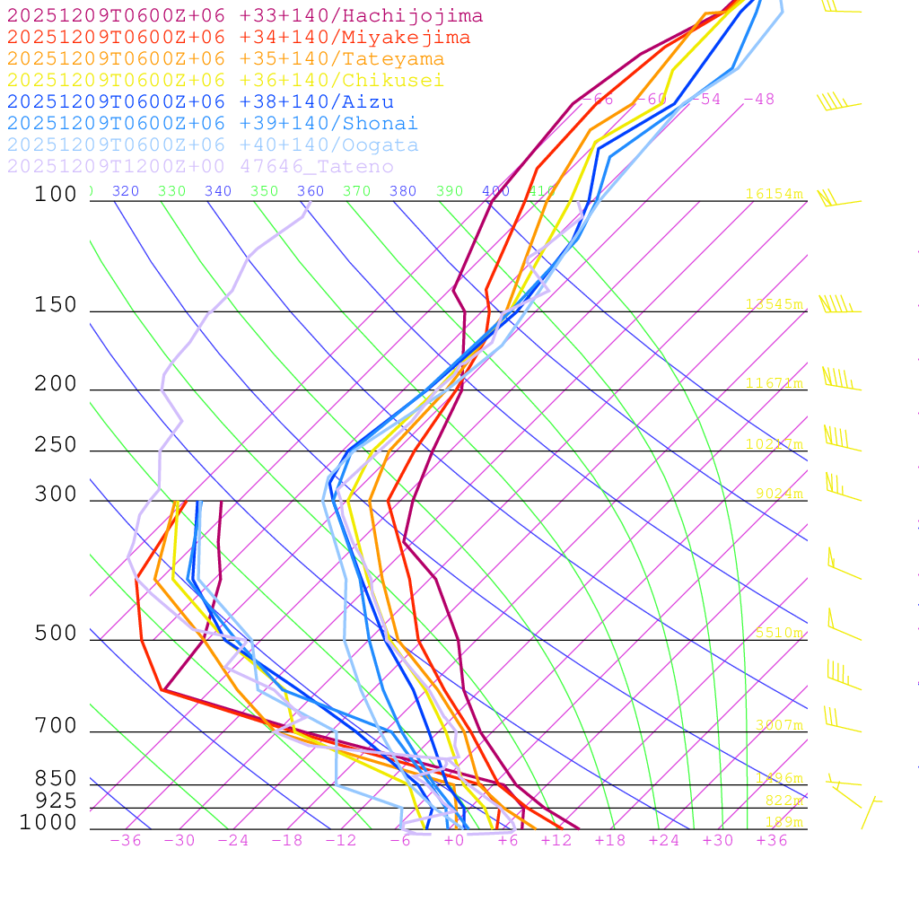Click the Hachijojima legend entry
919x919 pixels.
(x=244, y=16)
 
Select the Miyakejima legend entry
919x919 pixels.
(x=238, y=38)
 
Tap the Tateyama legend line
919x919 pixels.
(x=225, y=59)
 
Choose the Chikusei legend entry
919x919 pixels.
(x=225, y=81)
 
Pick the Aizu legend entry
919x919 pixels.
(x=200, y=102)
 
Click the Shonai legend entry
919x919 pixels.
(x=213, y=124)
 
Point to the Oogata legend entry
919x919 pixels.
(x=213, y=145)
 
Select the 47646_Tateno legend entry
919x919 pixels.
(x=200, y=167)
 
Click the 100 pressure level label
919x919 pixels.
(x=56, y=195)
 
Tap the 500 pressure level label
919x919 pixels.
(x=56, y=635)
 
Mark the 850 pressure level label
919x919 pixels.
(x=56, y=779)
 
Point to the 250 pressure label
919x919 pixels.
(x=56, y=445)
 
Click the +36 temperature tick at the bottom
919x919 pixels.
(x=772, y=841)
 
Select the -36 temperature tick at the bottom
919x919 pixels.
(x=126, y=841)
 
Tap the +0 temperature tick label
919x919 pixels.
(x=454, y=841)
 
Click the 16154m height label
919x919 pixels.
(x=775, y=194)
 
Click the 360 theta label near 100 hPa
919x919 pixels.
(x=311, y=191)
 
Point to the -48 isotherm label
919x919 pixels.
(x=759, y=100)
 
